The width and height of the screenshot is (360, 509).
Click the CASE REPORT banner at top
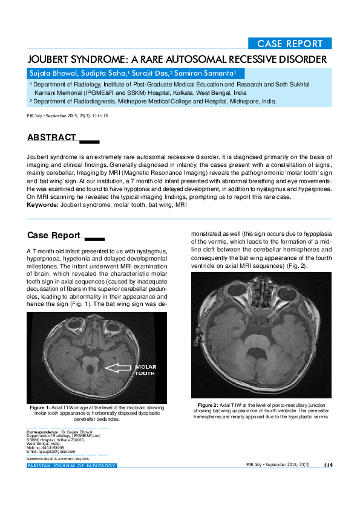point(290,44)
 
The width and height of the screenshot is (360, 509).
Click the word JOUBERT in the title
point(50,59)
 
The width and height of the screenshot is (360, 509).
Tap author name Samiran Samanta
point(203,73)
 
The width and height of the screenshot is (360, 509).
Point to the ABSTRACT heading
point(51,138)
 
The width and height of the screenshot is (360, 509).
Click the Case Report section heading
point(54,235)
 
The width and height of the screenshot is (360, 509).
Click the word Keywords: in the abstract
point(42,206)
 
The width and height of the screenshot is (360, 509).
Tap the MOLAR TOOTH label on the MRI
point(145,370)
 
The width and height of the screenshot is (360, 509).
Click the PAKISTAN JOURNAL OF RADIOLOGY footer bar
point(71,465)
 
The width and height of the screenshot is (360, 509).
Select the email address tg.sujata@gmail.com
point(55,452)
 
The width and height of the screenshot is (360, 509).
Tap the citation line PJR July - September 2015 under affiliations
point(67,115)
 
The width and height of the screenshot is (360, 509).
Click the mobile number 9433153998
point(58,448)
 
